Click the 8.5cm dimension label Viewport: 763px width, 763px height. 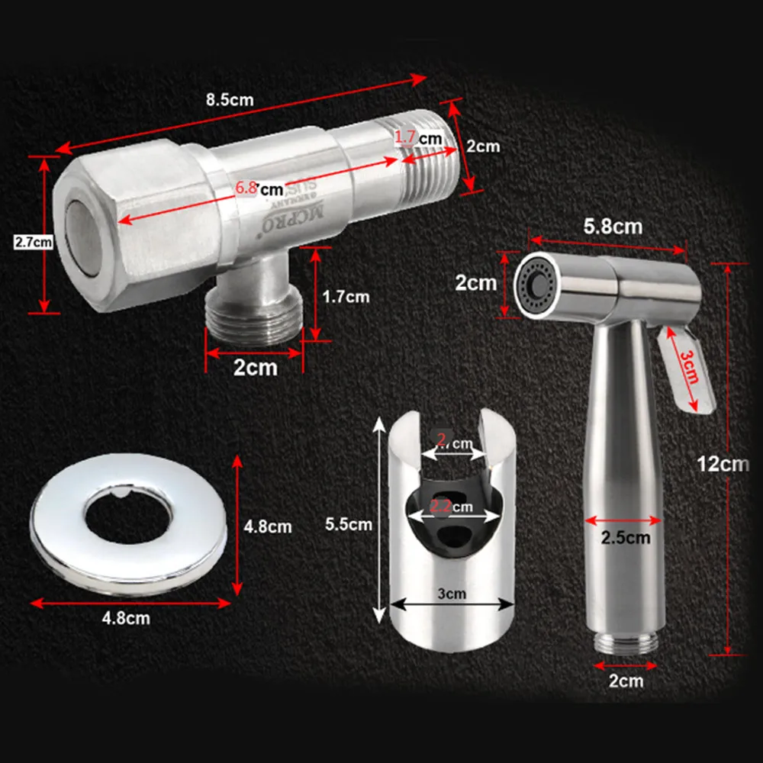230,99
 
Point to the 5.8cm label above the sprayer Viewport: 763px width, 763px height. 612,227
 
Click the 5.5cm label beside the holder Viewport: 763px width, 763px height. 349,524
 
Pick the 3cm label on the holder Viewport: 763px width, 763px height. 452,593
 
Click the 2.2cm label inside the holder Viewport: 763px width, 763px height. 450,507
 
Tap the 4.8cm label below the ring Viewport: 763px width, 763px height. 127,618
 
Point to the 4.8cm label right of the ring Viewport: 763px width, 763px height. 267,526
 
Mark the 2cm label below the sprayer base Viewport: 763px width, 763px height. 626,681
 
